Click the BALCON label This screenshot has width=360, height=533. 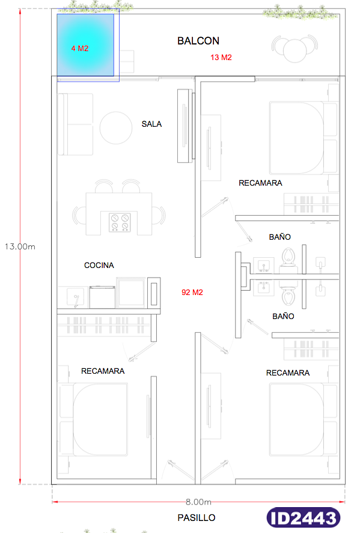point(198,41)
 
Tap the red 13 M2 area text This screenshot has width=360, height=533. point(221,58)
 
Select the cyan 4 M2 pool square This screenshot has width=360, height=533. point(85,45)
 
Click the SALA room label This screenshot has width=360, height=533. point(151,124)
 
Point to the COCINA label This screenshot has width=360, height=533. point(99,265)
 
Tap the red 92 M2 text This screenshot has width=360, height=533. point(192,292)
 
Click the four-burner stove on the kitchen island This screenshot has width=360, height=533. point(120,222)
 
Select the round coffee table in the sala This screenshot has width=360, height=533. point(116,128)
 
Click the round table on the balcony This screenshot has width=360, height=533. point(294,50)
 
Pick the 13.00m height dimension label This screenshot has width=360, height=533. point(20,246)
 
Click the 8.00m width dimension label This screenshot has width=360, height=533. point(198,502)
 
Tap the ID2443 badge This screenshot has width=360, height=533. point(304,518)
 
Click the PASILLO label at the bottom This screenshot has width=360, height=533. point(197,518)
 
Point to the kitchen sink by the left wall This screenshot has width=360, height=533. point(75,298)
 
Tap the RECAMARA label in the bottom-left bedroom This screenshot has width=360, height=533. point(103,371)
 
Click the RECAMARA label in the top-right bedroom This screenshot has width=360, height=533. point(260,183)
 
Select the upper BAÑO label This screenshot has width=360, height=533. point(280,237)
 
